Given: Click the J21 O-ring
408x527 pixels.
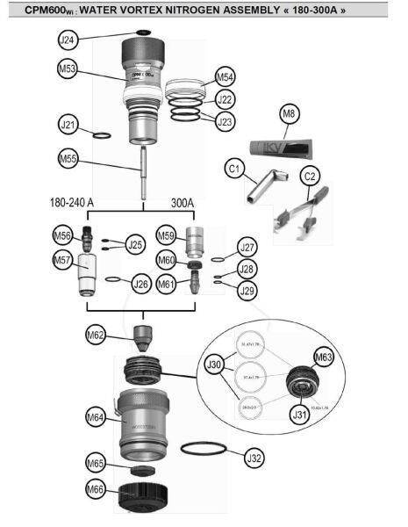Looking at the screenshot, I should [x=101, y=136].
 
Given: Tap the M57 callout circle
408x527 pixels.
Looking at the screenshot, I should [x=61, y=260].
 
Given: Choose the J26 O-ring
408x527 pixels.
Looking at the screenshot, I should [x=113, y=280].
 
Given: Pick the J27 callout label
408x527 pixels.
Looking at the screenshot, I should [x=248, y=247].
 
